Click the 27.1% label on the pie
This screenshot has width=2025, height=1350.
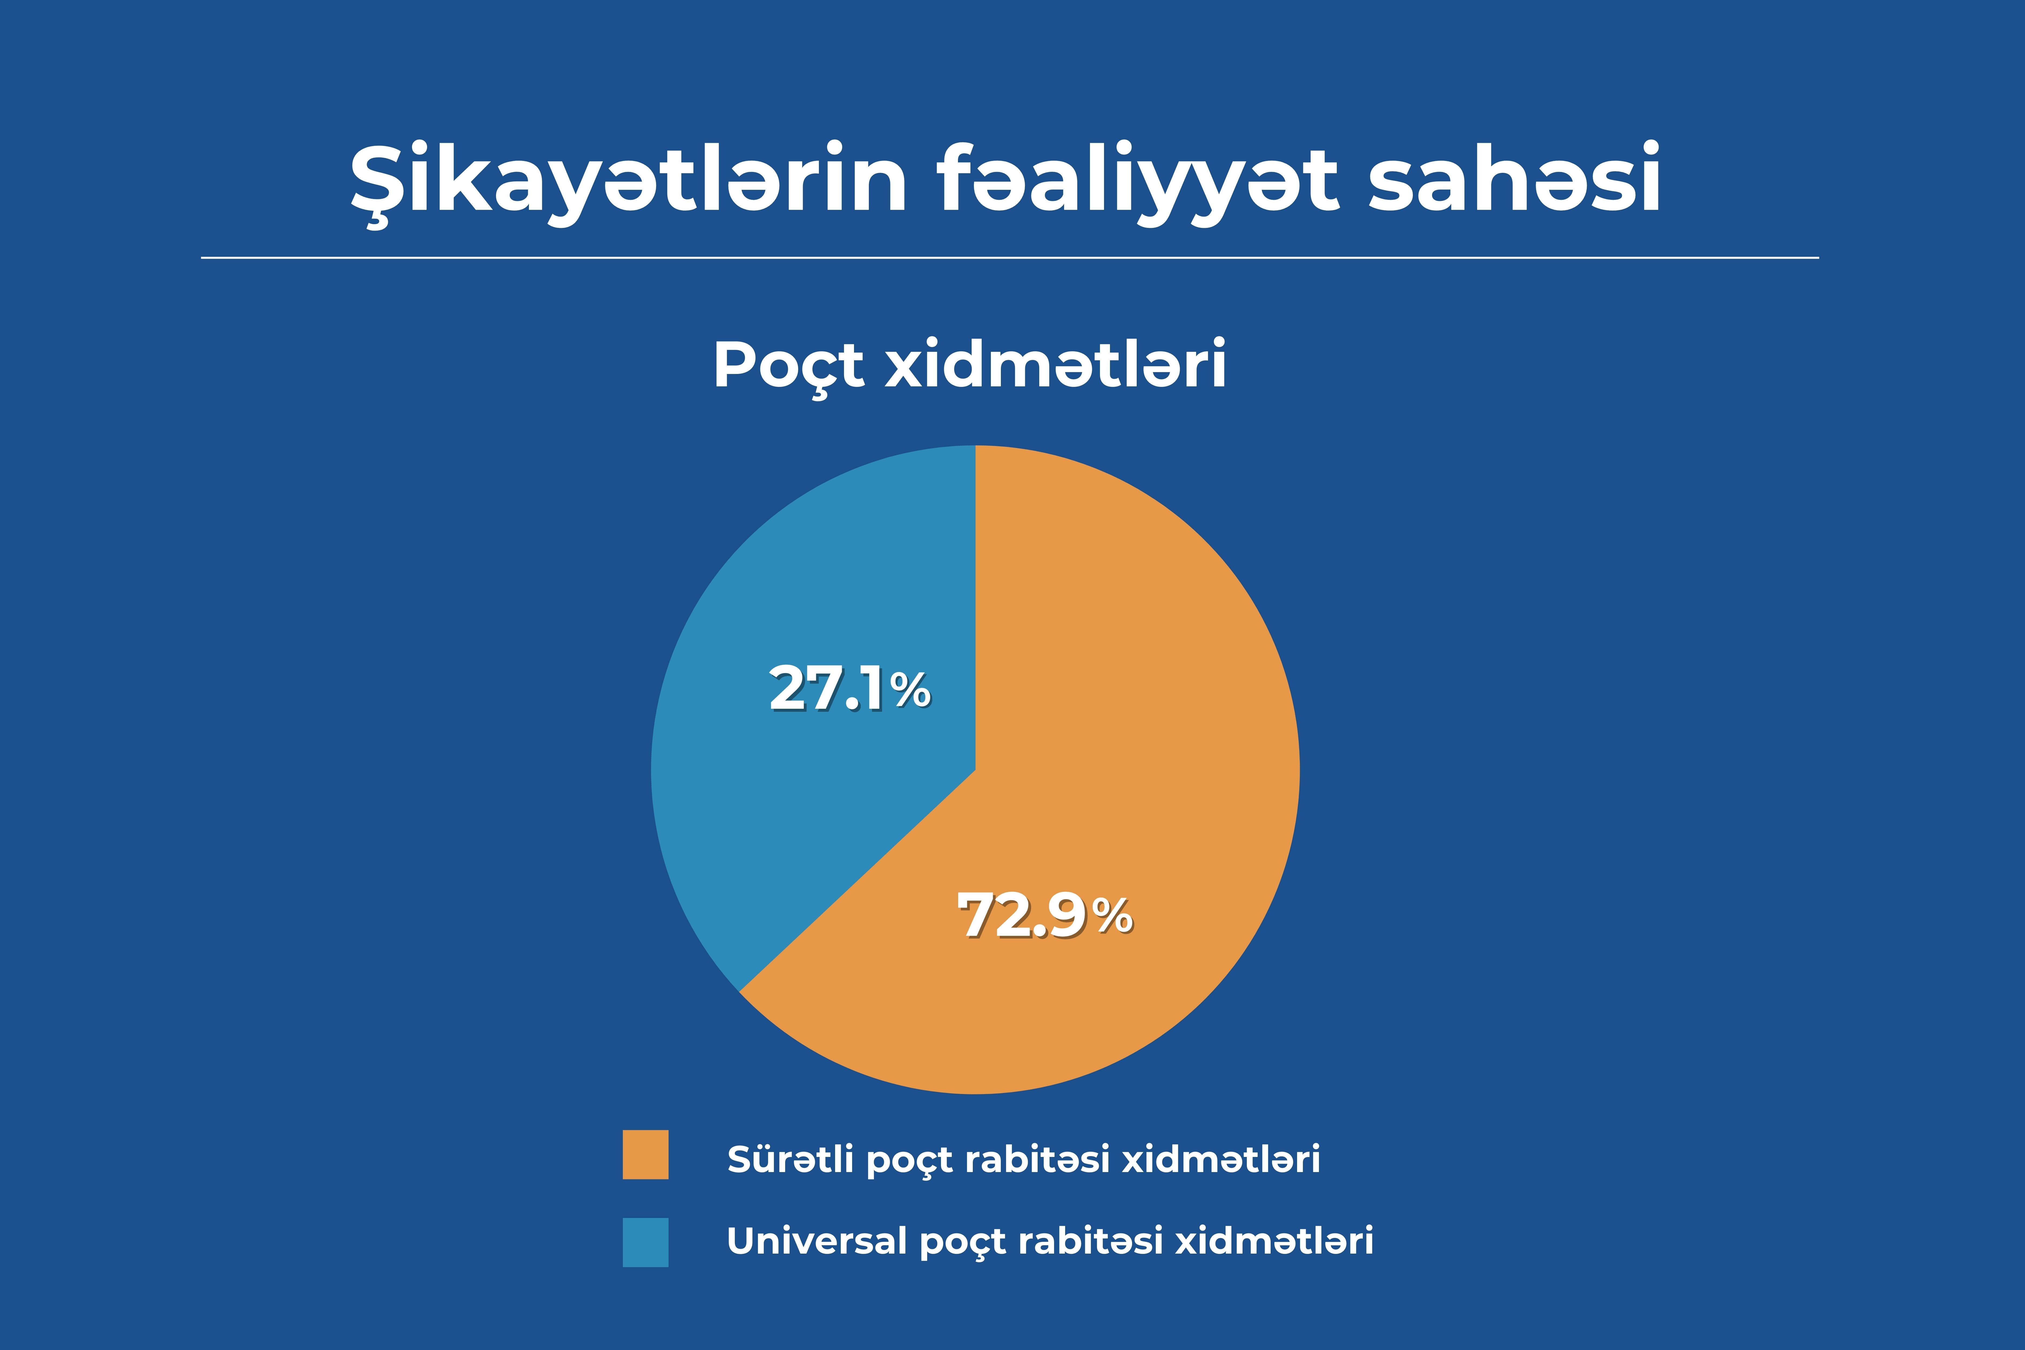[x=850, y=689]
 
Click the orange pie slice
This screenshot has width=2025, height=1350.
[x=1119, y=775]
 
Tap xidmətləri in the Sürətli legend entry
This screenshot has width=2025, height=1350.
[x=1221, y=1159]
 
